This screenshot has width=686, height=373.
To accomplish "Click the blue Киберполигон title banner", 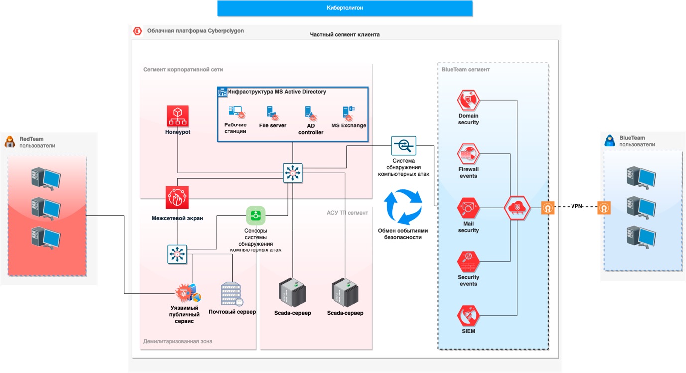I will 344,8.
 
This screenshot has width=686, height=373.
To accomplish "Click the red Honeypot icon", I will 178,117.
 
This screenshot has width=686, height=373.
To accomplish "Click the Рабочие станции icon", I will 235,113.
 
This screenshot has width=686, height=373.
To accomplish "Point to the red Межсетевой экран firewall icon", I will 177,197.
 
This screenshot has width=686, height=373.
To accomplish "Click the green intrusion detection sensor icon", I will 256,216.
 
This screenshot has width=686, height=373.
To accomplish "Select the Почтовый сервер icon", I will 232,295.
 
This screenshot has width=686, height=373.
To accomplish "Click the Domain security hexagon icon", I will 468,101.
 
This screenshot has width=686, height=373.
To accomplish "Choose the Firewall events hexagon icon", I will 468,154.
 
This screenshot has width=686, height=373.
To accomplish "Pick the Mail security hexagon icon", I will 468,208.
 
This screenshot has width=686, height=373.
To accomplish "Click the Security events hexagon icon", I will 468,262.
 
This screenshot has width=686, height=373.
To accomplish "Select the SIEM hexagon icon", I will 468,316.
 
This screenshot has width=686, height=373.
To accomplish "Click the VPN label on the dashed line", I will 576,206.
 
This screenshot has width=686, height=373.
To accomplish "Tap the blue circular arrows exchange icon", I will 403,207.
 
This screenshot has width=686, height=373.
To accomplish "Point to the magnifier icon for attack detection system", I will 403,146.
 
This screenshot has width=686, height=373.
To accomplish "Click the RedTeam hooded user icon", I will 10,142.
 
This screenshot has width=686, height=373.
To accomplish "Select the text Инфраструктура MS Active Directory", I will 277,92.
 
